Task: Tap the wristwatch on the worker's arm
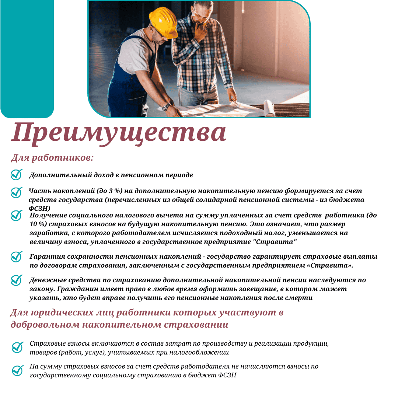[166, 107]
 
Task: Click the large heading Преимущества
[119, 133]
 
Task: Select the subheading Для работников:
[52, 158]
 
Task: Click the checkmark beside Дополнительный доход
[17, 175]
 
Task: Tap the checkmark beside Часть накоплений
[17, 192]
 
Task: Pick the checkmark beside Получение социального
[17, 216]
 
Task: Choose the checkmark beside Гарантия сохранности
[17, 257]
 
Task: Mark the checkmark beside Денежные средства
[17, 280]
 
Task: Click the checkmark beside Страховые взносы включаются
[17, 347]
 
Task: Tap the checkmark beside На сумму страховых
[17, 370]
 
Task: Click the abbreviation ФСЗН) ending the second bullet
[39, 208]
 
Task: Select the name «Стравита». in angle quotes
[332, 265]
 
